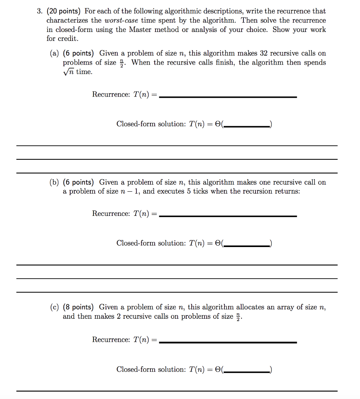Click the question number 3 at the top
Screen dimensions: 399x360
point(39,11)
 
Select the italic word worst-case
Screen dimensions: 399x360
point(120,20)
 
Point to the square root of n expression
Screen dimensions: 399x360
point(69,72)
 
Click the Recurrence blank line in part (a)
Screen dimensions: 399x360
point(228,97)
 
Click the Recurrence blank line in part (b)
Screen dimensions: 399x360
point(228,216)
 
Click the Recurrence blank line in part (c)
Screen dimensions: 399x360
point(228,342)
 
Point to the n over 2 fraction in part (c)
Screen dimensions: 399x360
point(238,316)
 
